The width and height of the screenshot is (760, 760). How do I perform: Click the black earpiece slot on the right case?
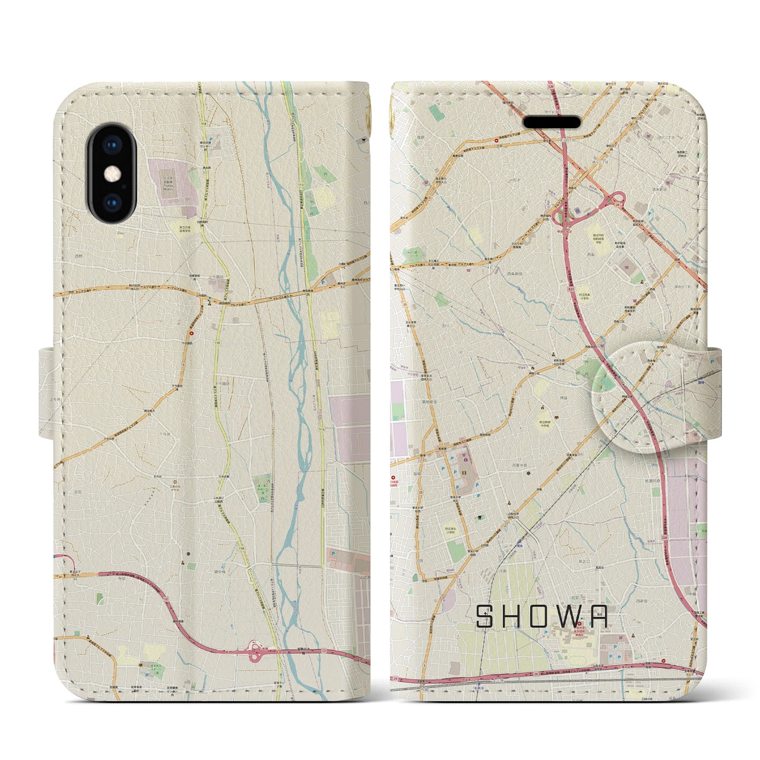click(x=552, y=122)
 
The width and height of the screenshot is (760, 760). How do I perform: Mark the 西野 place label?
click(x=79, y=256)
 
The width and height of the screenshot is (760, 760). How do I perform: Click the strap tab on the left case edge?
click(x=47, y=395)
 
